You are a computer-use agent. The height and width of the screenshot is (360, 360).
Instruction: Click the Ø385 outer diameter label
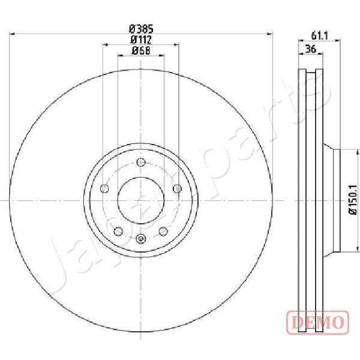click(141, 29)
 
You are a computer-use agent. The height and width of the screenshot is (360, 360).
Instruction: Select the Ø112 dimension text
click(141, 40)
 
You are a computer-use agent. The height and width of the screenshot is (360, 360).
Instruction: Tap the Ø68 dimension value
click(141, 50)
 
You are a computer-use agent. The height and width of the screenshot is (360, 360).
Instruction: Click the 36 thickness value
click(311, 49)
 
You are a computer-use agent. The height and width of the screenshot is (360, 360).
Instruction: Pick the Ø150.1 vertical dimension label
click(353, 200)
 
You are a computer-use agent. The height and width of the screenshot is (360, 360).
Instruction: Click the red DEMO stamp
click(318, 322)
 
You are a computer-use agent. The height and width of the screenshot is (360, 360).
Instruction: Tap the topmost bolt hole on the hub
click(141, 163)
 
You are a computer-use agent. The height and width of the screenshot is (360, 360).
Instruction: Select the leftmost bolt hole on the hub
click(104, 189)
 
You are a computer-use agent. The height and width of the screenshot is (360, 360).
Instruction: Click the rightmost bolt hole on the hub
click(177, 189)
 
